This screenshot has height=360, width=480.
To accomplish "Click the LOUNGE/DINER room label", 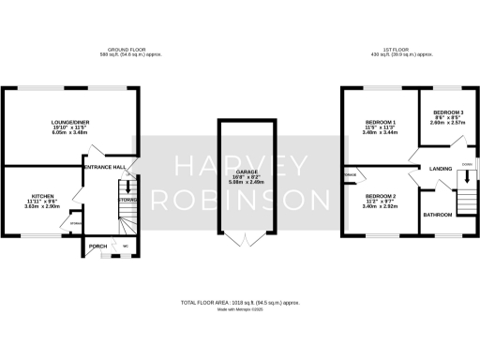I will pos(70,121).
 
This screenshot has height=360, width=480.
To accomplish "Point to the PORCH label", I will pos(97,247).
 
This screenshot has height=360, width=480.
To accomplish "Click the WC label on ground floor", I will pos(125,247).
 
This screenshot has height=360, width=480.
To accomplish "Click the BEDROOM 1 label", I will pos(379,123).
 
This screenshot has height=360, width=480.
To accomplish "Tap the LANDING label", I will pos(441,169).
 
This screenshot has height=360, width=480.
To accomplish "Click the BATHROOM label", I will pos(438,216).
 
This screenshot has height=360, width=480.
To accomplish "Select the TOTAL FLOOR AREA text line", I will pos(239,303).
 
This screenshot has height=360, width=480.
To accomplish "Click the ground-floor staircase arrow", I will pos(128,187).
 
